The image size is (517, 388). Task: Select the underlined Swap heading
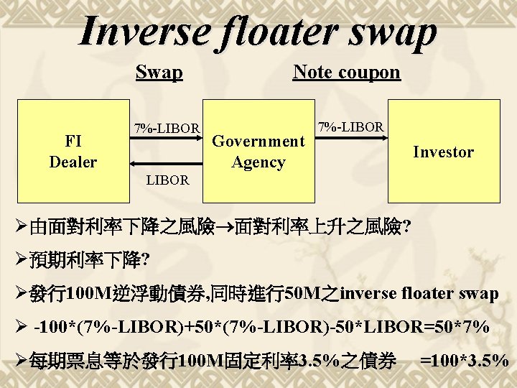click(x=159, y=73)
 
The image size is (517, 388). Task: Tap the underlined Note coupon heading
click(x=346, y=72)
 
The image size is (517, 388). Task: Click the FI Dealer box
click(x=72, y=152)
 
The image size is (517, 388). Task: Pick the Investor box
click(x=443, y=152)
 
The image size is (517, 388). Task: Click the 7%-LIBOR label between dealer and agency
click(x=167, y=129)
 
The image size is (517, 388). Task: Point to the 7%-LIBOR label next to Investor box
click(x=351, y=127)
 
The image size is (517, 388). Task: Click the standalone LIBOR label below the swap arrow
click(x=167, y=180)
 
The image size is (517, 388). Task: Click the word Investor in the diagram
click(x=443, y=152)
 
